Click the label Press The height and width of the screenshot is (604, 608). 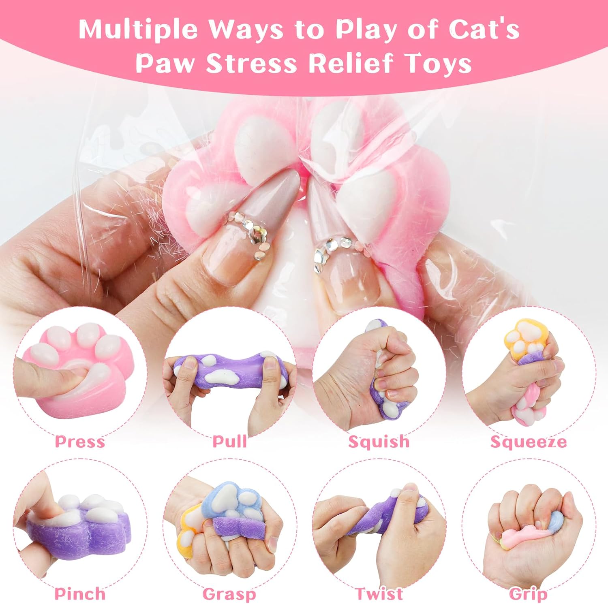[x=80, y=442]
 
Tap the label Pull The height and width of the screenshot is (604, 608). [x=230, y=441]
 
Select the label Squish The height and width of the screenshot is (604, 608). [x=379, y=442]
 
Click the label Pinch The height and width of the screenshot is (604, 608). [x=80, y=594]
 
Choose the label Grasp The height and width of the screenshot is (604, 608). [x=229, y=595]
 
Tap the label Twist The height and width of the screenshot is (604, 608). [x=379, y=594]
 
